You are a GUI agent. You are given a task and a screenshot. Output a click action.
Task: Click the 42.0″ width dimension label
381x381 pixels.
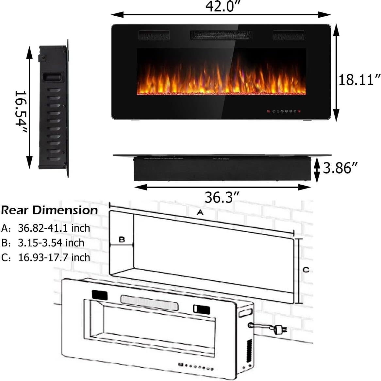(x=221, y=7)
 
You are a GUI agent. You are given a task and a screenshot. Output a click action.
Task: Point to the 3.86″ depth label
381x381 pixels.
(x=340, y=168)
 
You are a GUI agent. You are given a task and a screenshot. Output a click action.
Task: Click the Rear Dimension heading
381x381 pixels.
(x=49, y=210)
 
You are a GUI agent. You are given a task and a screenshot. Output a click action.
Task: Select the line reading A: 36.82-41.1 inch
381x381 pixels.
(x=46, y=228)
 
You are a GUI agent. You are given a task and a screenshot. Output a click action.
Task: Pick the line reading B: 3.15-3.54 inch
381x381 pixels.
(x=43, y=243)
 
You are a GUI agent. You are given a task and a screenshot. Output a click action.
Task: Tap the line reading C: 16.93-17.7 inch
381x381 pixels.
(x=46, y=257)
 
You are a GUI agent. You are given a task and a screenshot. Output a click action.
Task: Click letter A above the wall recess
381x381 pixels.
(x=200, y=213)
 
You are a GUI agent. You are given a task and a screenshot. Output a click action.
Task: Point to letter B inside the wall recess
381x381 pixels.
(x=122, y=240)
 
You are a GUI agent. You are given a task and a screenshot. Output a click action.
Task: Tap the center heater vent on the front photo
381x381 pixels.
(x=221, y=35)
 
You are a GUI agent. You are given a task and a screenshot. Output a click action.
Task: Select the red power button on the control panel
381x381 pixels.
(x=299, y=111)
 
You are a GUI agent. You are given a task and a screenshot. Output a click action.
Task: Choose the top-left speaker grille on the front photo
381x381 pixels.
(x=154, y=35)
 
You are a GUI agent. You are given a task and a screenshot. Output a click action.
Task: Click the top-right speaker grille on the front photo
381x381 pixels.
(x=288, y=35)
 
